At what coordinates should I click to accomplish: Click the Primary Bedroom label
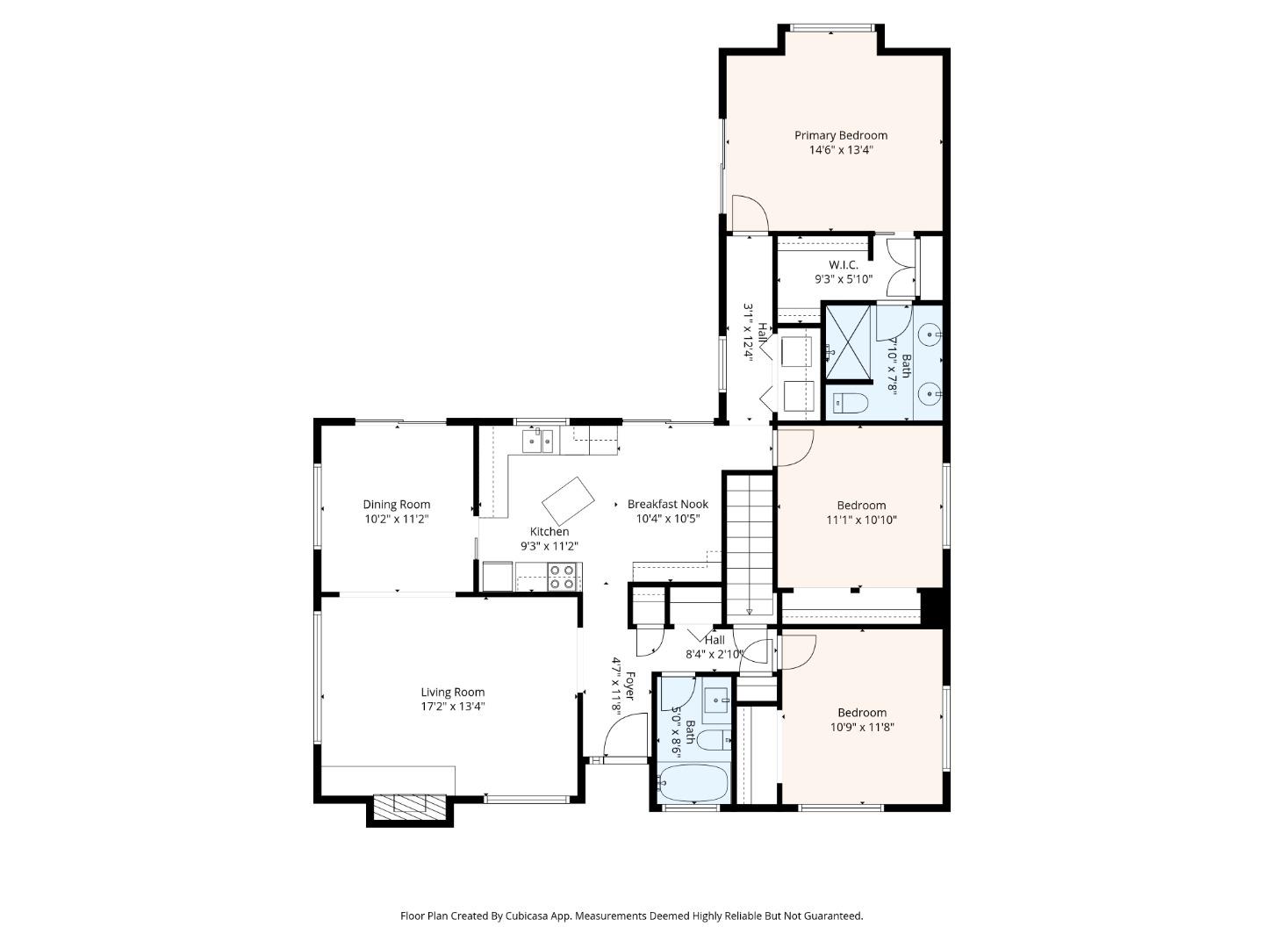click(x=840, y=135)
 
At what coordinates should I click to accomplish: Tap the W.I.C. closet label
click(x=843, y=265)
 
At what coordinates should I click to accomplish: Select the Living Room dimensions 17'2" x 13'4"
click(x=452, y=707)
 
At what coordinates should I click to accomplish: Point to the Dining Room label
click(x=397, y=505)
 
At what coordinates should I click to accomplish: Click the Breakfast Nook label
click(x=667, y=505)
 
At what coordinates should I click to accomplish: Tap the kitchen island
click(x=568, y=500)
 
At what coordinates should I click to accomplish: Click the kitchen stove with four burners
click(x=562, y=577)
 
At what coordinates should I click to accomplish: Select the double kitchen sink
click(x=537, y=440)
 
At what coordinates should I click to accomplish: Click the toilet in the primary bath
click(x=849, y=404)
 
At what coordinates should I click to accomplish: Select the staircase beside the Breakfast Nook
click(x=749, y=544)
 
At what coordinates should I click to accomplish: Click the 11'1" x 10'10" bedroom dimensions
click(x=861, y=520)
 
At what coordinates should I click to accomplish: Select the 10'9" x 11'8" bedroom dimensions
click(x=862, y=727)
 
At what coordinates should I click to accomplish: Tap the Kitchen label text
click(x=549, y=532)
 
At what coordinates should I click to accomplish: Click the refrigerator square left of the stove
click(x=498, y=577)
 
